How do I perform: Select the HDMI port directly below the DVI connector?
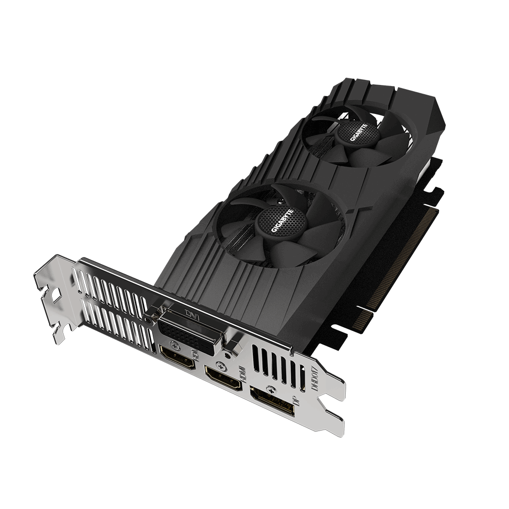(x=177, y=357)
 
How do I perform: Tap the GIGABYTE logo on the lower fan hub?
(x=281, y=221)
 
